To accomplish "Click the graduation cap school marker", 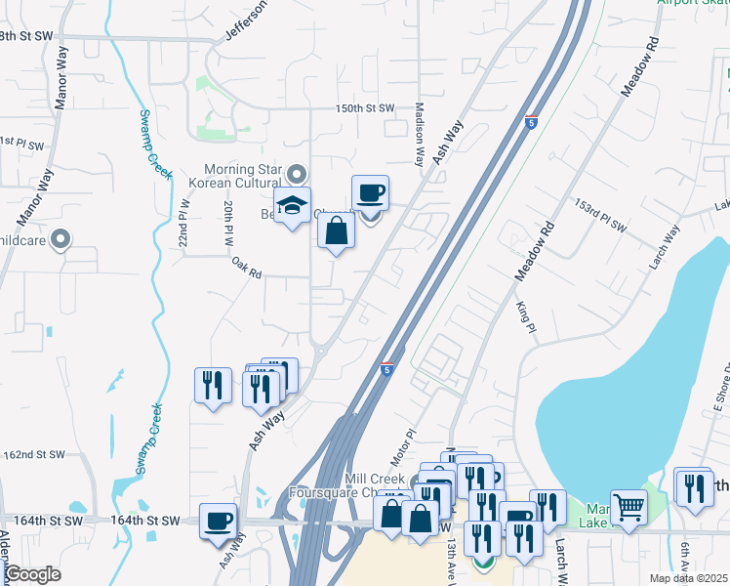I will click(292, 206).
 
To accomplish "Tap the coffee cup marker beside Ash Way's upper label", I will click(370, 193).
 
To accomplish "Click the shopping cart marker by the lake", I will click(629, 507).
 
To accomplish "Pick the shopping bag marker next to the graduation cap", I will click(336, 231).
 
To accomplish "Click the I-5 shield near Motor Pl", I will click(387, 368).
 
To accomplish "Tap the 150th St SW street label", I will click(365, 108).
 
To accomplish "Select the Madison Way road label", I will click(420, 136).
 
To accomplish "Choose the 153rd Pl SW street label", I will click(599, 222).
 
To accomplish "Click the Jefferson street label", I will click(245, 21).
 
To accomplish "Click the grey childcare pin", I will click(61, 238).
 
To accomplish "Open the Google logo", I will click(32, 574).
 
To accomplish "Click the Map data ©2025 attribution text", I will click(687, 578).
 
